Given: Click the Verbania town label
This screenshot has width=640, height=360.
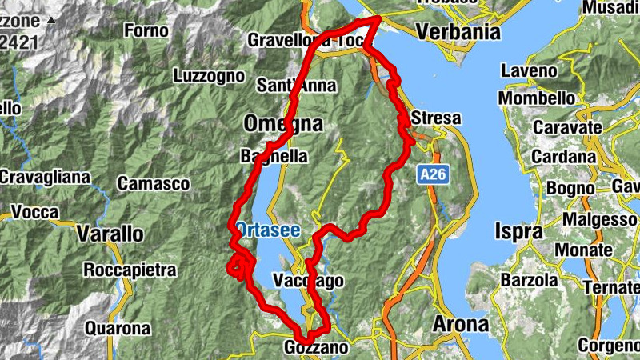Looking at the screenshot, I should coord(458,33).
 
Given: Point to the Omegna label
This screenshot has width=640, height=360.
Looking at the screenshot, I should coord(283,124).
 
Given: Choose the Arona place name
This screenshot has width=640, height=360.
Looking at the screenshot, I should coord(460,325).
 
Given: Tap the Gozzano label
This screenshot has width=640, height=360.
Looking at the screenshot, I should coord(317,348).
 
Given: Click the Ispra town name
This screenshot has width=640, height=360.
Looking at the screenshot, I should coord(520,232).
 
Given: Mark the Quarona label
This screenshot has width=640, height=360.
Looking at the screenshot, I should coord(118,328).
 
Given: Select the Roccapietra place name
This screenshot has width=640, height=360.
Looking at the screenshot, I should coord(130,270).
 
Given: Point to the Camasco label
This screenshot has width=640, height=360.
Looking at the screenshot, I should coord(154,184).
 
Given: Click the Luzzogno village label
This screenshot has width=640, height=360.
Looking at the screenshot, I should coord(209,76).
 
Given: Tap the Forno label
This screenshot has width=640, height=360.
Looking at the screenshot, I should coord(146,31).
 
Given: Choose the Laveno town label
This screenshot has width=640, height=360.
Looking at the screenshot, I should coord(529,71).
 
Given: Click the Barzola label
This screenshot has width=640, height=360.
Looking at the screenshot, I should coord(529,281).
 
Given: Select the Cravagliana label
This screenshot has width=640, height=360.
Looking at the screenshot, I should coord(45,177).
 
